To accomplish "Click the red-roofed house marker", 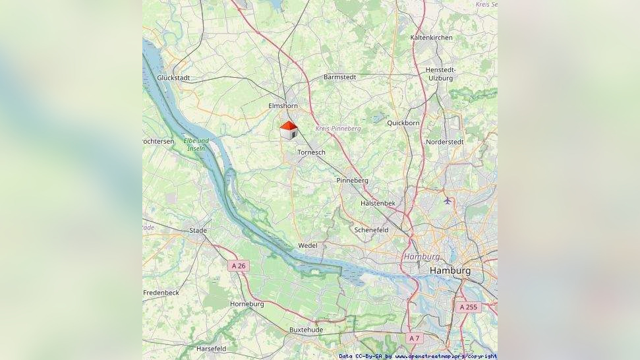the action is [289, 130].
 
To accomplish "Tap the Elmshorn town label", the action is [283, 106].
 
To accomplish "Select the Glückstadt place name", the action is [173, 78].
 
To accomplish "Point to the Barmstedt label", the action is [339, 77].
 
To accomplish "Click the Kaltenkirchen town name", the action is [431, 38].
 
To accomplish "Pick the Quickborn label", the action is [403, 123].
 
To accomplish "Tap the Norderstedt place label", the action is [445, 142].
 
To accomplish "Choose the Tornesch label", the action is [311, 152].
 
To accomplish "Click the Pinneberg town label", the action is [352, 181].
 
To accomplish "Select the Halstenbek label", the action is [378, 204].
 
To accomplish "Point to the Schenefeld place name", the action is [371, 230].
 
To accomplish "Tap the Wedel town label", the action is [308, 246].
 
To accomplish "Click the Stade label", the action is [198, 231].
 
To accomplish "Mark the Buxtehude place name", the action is [306, 330].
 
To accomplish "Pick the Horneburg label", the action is [247, 304].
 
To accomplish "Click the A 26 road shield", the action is [238, 266].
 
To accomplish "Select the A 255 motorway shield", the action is [468, 307].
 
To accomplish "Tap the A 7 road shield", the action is [413, 338].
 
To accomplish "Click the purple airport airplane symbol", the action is [448, 200].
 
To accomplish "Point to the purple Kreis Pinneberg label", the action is [337, 129].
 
